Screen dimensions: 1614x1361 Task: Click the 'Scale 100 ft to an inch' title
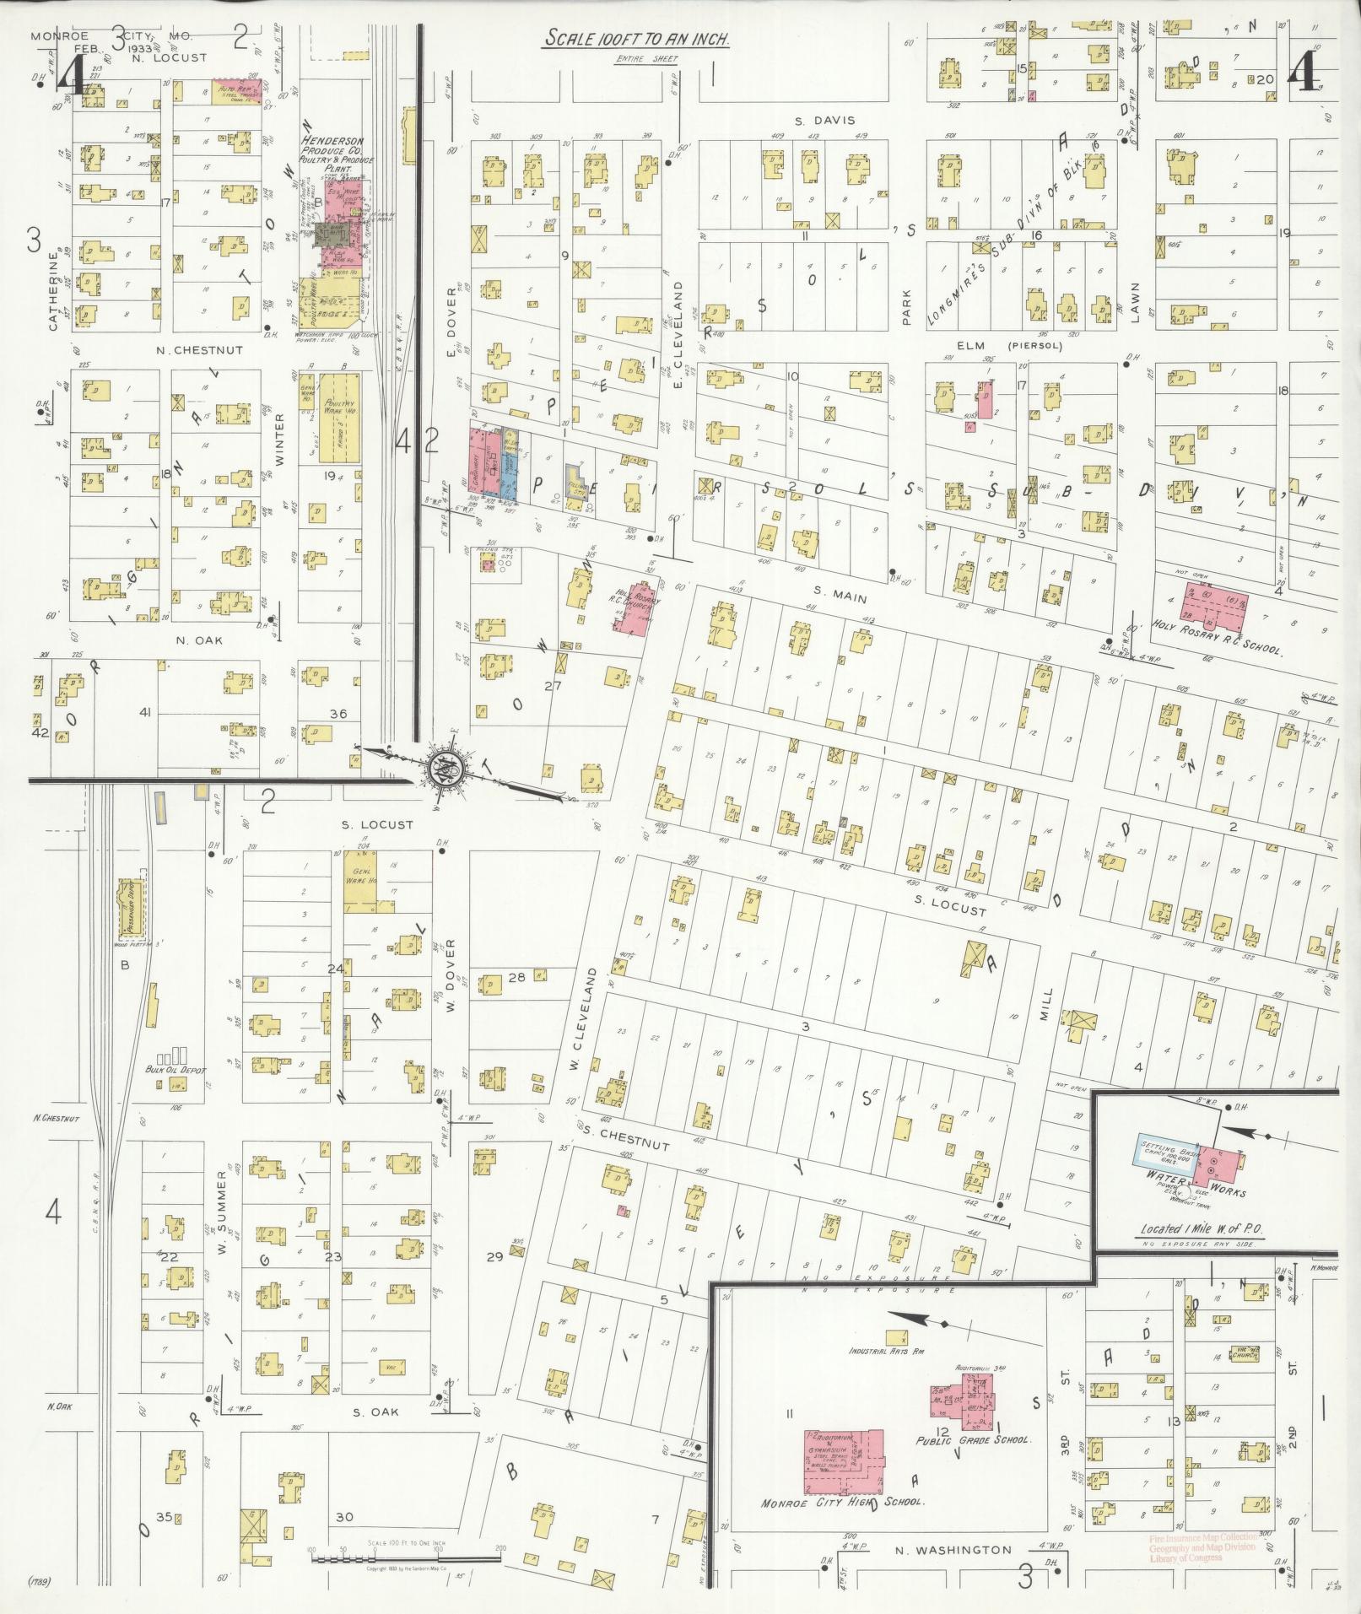(x=636, y=39)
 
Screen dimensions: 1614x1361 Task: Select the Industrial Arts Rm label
(x=888, y=1351)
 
